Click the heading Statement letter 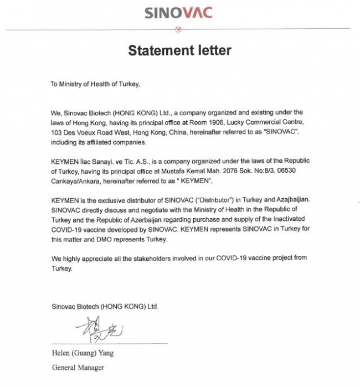coord(179,50)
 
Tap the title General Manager coord(78,367)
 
